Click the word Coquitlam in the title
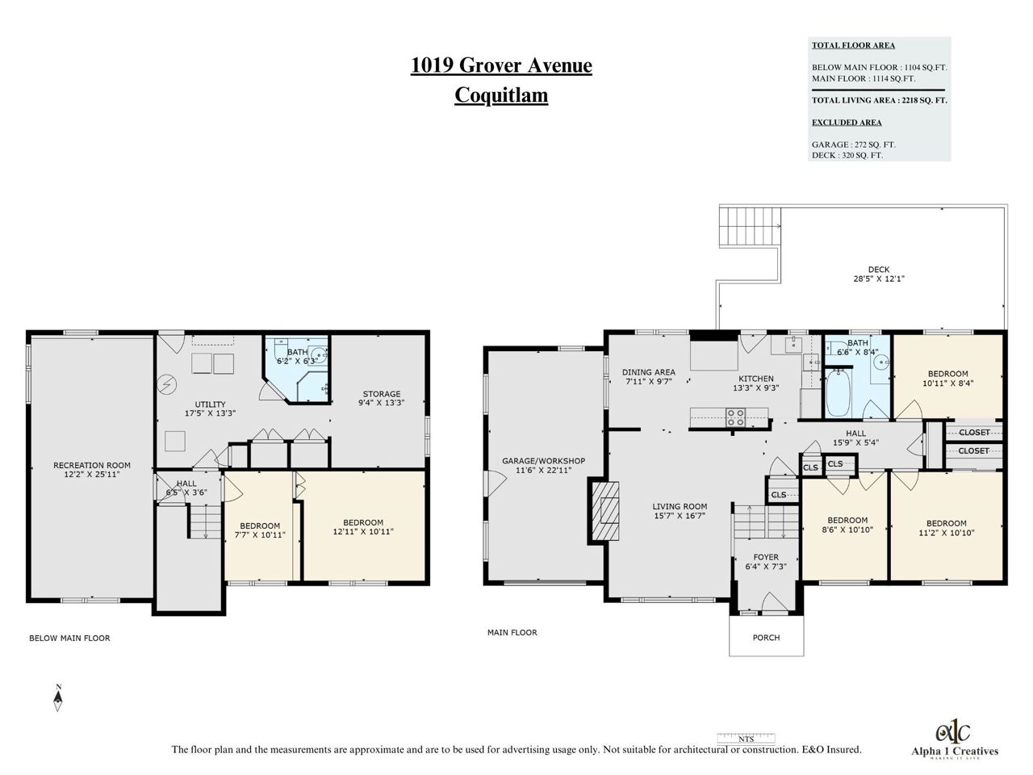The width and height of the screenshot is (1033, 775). [x=501, y=95]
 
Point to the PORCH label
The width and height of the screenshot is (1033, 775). [x=766, y=638]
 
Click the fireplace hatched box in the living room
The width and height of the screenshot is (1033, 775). [x=604, y=510]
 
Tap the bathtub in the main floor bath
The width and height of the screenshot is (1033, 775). [x=838, y=393]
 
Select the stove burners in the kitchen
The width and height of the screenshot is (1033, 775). [x=735, y=417]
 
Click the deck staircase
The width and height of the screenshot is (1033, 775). [x=750, y=226]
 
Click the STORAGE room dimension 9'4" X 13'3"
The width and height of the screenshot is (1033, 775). [x=381, y=403]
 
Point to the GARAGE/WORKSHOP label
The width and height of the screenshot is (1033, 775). [x=544, y=461]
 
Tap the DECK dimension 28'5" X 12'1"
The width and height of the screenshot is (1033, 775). [x=879, y=279]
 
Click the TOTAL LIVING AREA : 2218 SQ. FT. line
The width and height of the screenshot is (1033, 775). [x=879, y=100]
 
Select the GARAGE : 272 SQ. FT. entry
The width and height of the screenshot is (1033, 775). [x=853, y=145]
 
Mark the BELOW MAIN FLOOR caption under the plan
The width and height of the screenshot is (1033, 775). [x=69, y=638]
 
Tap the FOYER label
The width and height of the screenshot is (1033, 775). [x=766, y=557]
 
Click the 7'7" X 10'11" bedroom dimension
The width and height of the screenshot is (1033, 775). [x=260, y=535]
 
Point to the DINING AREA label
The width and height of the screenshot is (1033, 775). [x=649, y=372]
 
